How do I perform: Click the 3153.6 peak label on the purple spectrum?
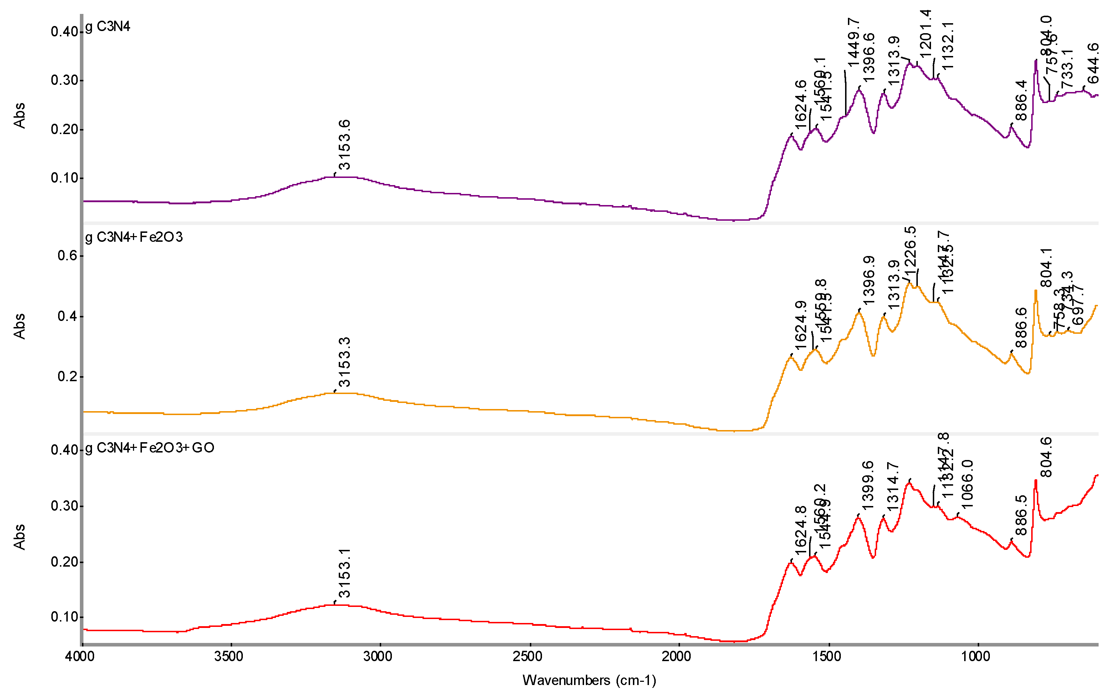click(x=344, y=145)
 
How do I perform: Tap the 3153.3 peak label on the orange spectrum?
click(x=344, y=362)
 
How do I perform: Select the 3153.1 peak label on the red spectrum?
click(x=344, y=573)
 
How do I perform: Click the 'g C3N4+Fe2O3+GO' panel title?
click(x=150, y=448)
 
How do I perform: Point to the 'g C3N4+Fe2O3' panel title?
click(x=134, y=237)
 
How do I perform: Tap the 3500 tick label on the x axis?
click(x=229, y=656)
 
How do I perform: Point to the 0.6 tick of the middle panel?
click(x=67, y=256)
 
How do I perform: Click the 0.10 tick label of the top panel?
click(x=64, y=178)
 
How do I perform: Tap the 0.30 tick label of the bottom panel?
click(x=64, y=506)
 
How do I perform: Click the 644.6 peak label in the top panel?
click(x=1093, y=63)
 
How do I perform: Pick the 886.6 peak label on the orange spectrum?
click(x=1021, y=328)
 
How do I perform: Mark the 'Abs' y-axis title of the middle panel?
click(x=19, y=326)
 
